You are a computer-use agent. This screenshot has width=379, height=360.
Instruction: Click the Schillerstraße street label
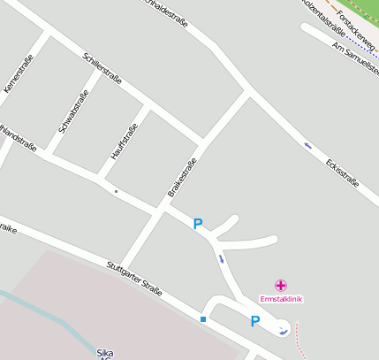tap(102, 68)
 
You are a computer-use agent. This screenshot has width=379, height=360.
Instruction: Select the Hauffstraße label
tap(125, 142)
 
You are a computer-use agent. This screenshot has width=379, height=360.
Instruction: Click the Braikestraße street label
tap(181, 177)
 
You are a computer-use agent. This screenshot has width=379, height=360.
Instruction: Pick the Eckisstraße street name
tap(342, 172)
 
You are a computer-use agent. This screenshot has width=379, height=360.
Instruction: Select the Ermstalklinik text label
tap(281, 299)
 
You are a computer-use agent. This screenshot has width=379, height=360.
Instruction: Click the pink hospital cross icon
tap(281, 285)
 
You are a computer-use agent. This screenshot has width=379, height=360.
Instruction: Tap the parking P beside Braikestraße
tap(198, 225)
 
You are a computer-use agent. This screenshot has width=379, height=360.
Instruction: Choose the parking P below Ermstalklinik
tap(254, 322)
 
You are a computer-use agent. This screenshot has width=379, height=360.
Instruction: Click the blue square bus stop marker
tap(203, 318)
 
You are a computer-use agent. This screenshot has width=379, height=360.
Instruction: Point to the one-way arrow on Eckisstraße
tap(307, 145)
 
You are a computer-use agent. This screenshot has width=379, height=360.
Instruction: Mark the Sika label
tap(105, 353)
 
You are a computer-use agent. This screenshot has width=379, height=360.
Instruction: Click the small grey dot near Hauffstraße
tap(115, 190)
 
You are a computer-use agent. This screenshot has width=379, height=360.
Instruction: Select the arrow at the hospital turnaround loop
tap(282, 332)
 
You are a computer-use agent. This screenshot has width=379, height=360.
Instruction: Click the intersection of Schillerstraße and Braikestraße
tap(204, 142)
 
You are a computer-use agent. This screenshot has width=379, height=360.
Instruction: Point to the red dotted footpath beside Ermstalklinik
tap(299, 341)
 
